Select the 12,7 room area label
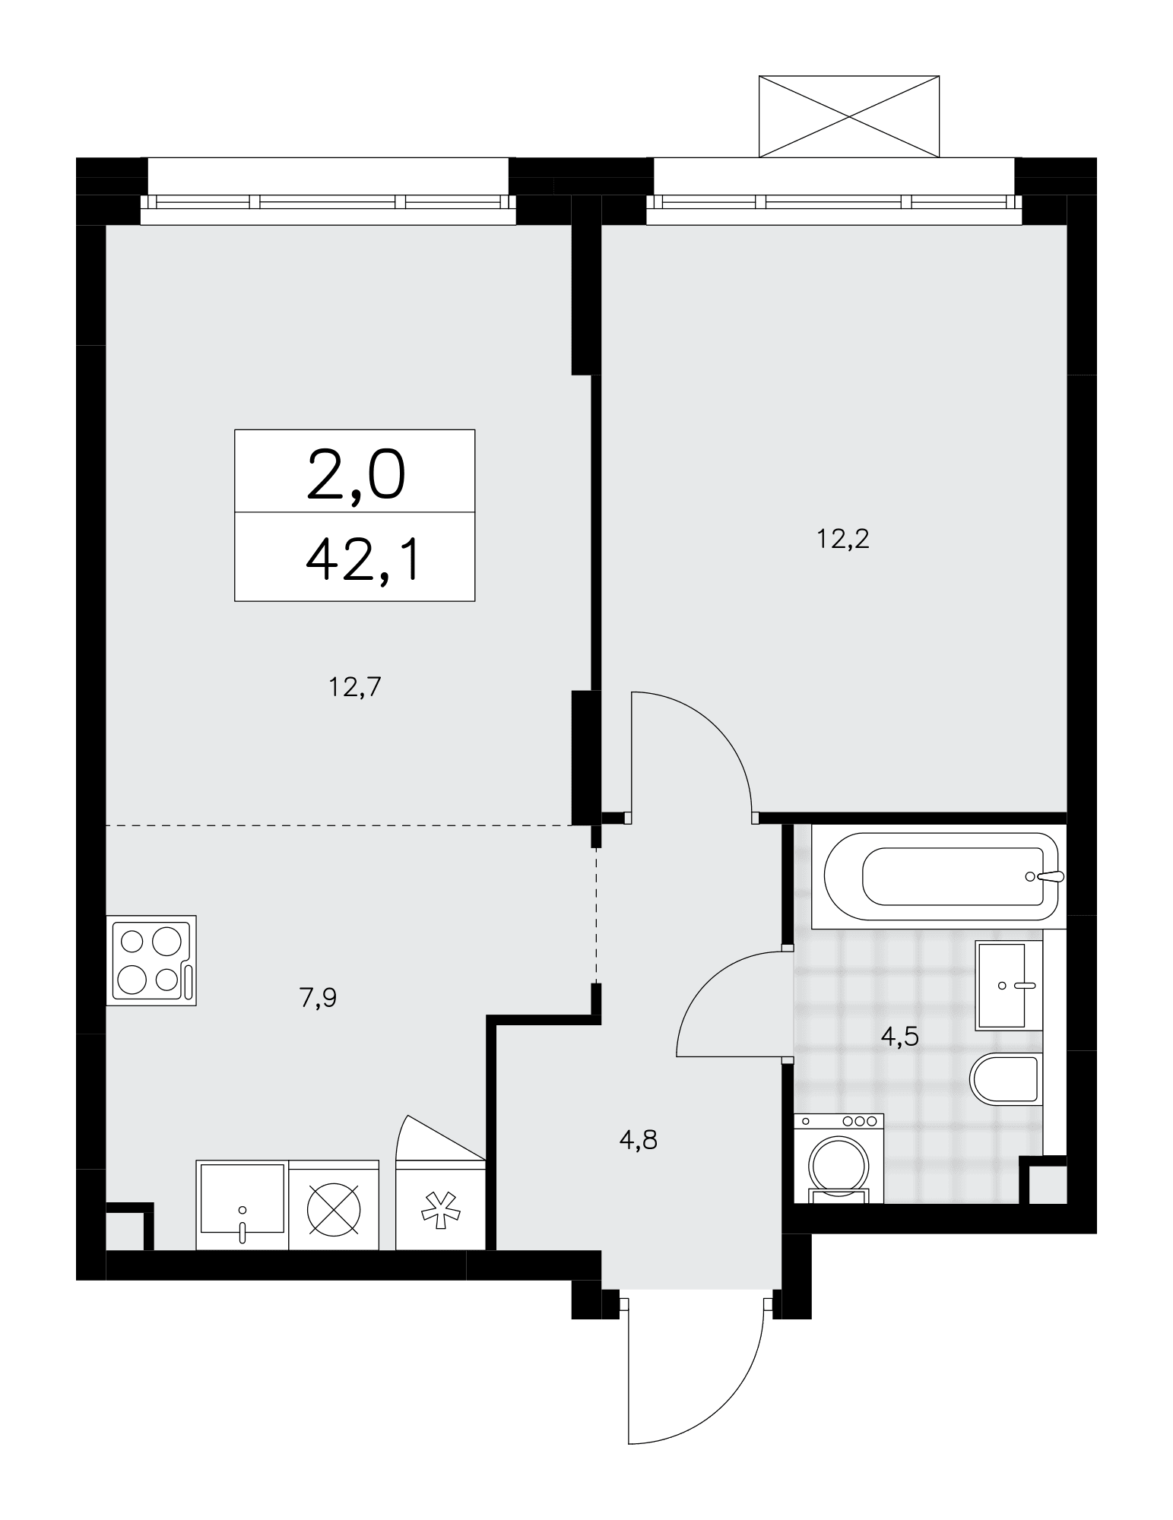coord(354,687)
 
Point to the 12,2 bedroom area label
coord(842,539)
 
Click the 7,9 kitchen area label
coord(318,997)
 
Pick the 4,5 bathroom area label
coord(900,1036)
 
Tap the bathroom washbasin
coord(1009,985)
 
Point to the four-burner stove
coord(151,961)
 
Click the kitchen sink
coord(243,1205)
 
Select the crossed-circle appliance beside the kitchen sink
coord(334,1205)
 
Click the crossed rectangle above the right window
coord(849,116)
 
